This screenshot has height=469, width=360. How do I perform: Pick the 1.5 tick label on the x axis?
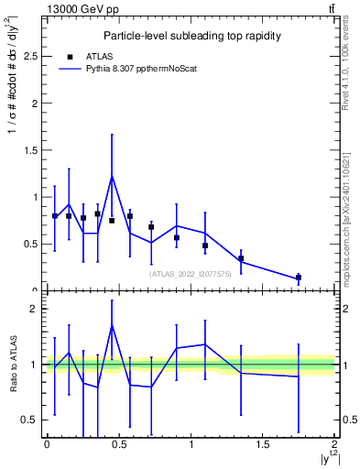pos(263,444)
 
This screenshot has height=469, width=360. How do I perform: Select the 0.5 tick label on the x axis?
pos(118,444)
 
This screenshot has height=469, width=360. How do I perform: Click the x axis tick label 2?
pos(335,444)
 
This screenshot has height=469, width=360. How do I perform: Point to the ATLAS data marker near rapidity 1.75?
pos(299,277)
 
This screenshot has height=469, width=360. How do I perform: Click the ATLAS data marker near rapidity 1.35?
pos(241,258)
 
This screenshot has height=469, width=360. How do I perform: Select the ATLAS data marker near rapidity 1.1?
pos(205,245)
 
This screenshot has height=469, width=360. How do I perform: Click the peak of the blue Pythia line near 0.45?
pos(112,176)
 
